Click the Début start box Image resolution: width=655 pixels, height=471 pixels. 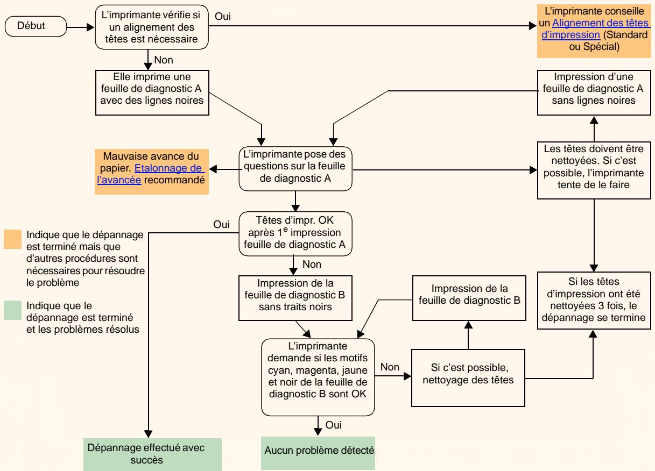click(36, 26)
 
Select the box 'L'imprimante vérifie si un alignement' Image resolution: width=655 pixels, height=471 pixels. click(152, 27)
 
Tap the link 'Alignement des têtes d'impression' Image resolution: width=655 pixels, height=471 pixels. click(595, 28)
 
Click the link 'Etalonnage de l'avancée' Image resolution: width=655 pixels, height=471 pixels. click(151, 174)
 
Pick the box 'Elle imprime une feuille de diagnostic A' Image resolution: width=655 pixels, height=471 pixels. click(152, 92)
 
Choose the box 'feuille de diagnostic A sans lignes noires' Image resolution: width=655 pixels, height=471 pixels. click(594, 92)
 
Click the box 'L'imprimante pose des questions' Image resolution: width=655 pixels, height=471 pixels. click(295, 169)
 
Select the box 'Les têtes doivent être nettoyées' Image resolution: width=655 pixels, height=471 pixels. click(594, 170)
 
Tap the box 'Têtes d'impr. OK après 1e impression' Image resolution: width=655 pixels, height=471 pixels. click(295, 233)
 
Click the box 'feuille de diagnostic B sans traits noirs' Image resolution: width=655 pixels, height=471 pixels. click(295, 298)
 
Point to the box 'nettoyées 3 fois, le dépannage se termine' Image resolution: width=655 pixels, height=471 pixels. click(594, 301)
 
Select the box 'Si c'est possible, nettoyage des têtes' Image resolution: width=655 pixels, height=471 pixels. click(468, 378)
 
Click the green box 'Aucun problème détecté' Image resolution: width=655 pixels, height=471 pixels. click(318, 453)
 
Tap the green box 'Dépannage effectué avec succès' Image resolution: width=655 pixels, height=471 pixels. click(152, 454)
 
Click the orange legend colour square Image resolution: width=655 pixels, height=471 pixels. click(12, 239)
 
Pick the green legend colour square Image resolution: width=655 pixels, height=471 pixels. click(12, 310)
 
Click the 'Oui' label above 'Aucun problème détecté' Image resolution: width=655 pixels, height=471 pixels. click(333, 425)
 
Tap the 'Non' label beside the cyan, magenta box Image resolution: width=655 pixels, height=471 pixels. click(390, 367)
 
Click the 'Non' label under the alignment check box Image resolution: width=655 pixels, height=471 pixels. click(164, 60)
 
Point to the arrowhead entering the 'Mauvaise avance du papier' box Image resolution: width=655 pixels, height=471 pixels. click(213, 169)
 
